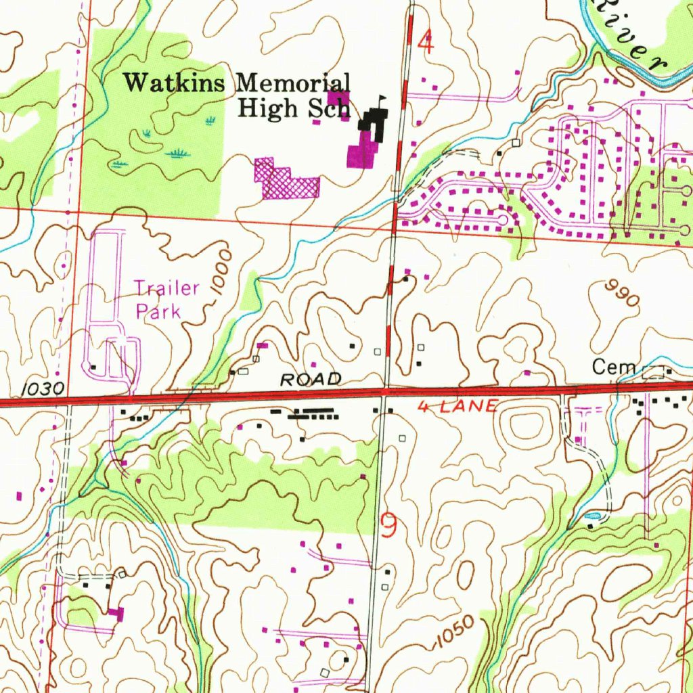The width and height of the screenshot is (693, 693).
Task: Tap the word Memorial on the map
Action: [293, 84]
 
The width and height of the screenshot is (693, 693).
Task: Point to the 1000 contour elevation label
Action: [221, 271]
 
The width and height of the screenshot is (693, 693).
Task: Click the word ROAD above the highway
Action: [311, 380]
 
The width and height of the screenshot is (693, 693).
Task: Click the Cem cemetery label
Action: [613, 367]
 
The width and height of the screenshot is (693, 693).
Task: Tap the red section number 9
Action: [388, 524]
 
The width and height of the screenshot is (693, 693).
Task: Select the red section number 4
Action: [425, 43]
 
